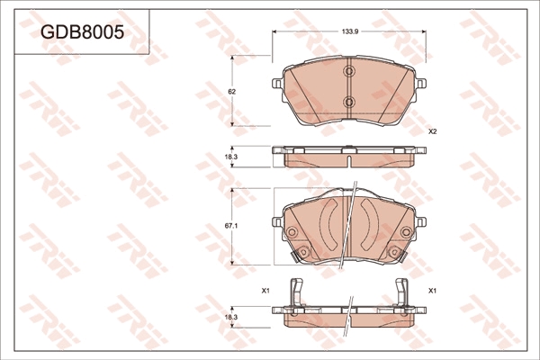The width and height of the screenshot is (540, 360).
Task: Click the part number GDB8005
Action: click(x=82, y=32)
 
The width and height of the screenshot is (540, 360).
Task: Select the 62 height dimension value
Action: click(x=232, y=92)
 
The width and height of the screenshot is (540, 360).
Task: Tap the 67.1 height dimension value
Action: click(x=232, y=226)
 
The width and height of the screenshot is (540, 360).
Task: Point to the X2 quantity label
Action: click(x=433, y=131)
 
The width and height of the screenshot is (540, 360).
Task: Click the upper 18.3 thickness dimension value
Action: click(x=231, y=157)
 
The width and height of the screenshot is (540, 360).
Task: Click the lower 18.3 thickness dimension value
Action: click(x=231, y=318)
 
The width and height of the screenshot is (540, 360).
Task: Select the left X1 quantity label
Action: click(x=265, y=291)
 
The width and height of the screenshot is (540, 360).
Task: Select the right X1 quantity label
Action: click(x=432, y=291)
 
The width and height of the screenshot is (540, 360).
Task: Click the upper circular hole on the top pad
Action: click(x=349, y=71)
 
